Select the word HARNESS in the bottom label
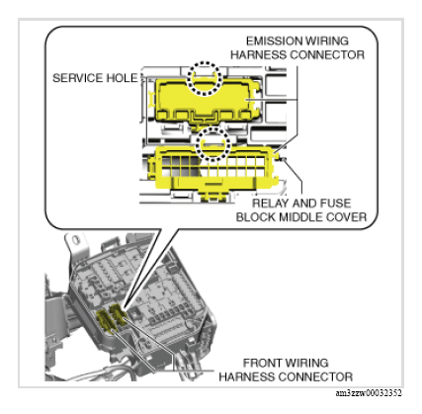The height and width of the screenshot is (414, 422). click(248, 376)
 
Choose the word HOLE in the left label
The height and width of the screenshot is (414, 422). click(113, 76)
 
